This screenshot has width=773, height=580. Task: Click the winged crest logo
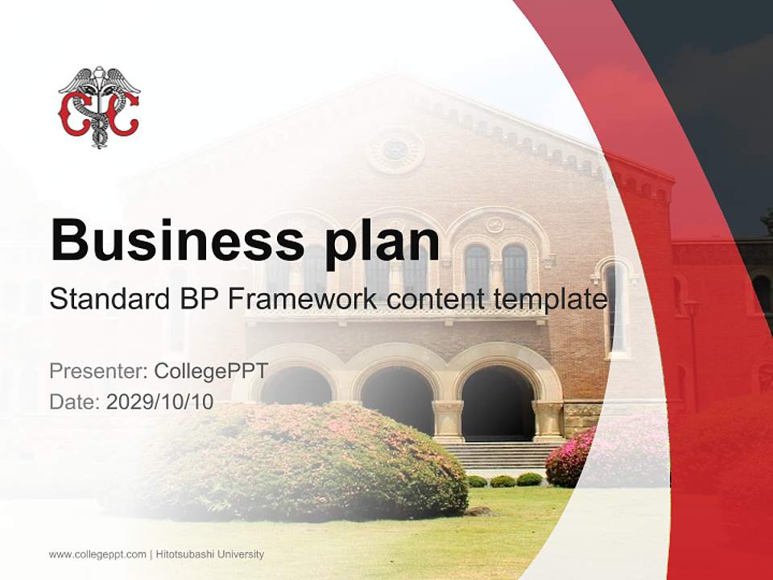tap(99, 107)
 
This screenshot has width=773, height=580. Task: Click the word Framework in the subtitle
tap(302, 300)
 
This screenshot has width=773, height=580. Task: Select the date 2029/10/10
tap(160, 402)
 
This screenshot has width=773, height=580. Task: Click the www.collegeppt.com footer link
tap(97, 554)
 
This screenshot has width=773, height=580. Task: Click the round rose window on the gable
tap(395, 150)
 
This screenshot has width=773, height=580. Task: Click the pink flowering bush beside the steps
tap(572, 458)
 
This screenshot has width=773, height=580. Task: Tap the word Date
tap(74, 402)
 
